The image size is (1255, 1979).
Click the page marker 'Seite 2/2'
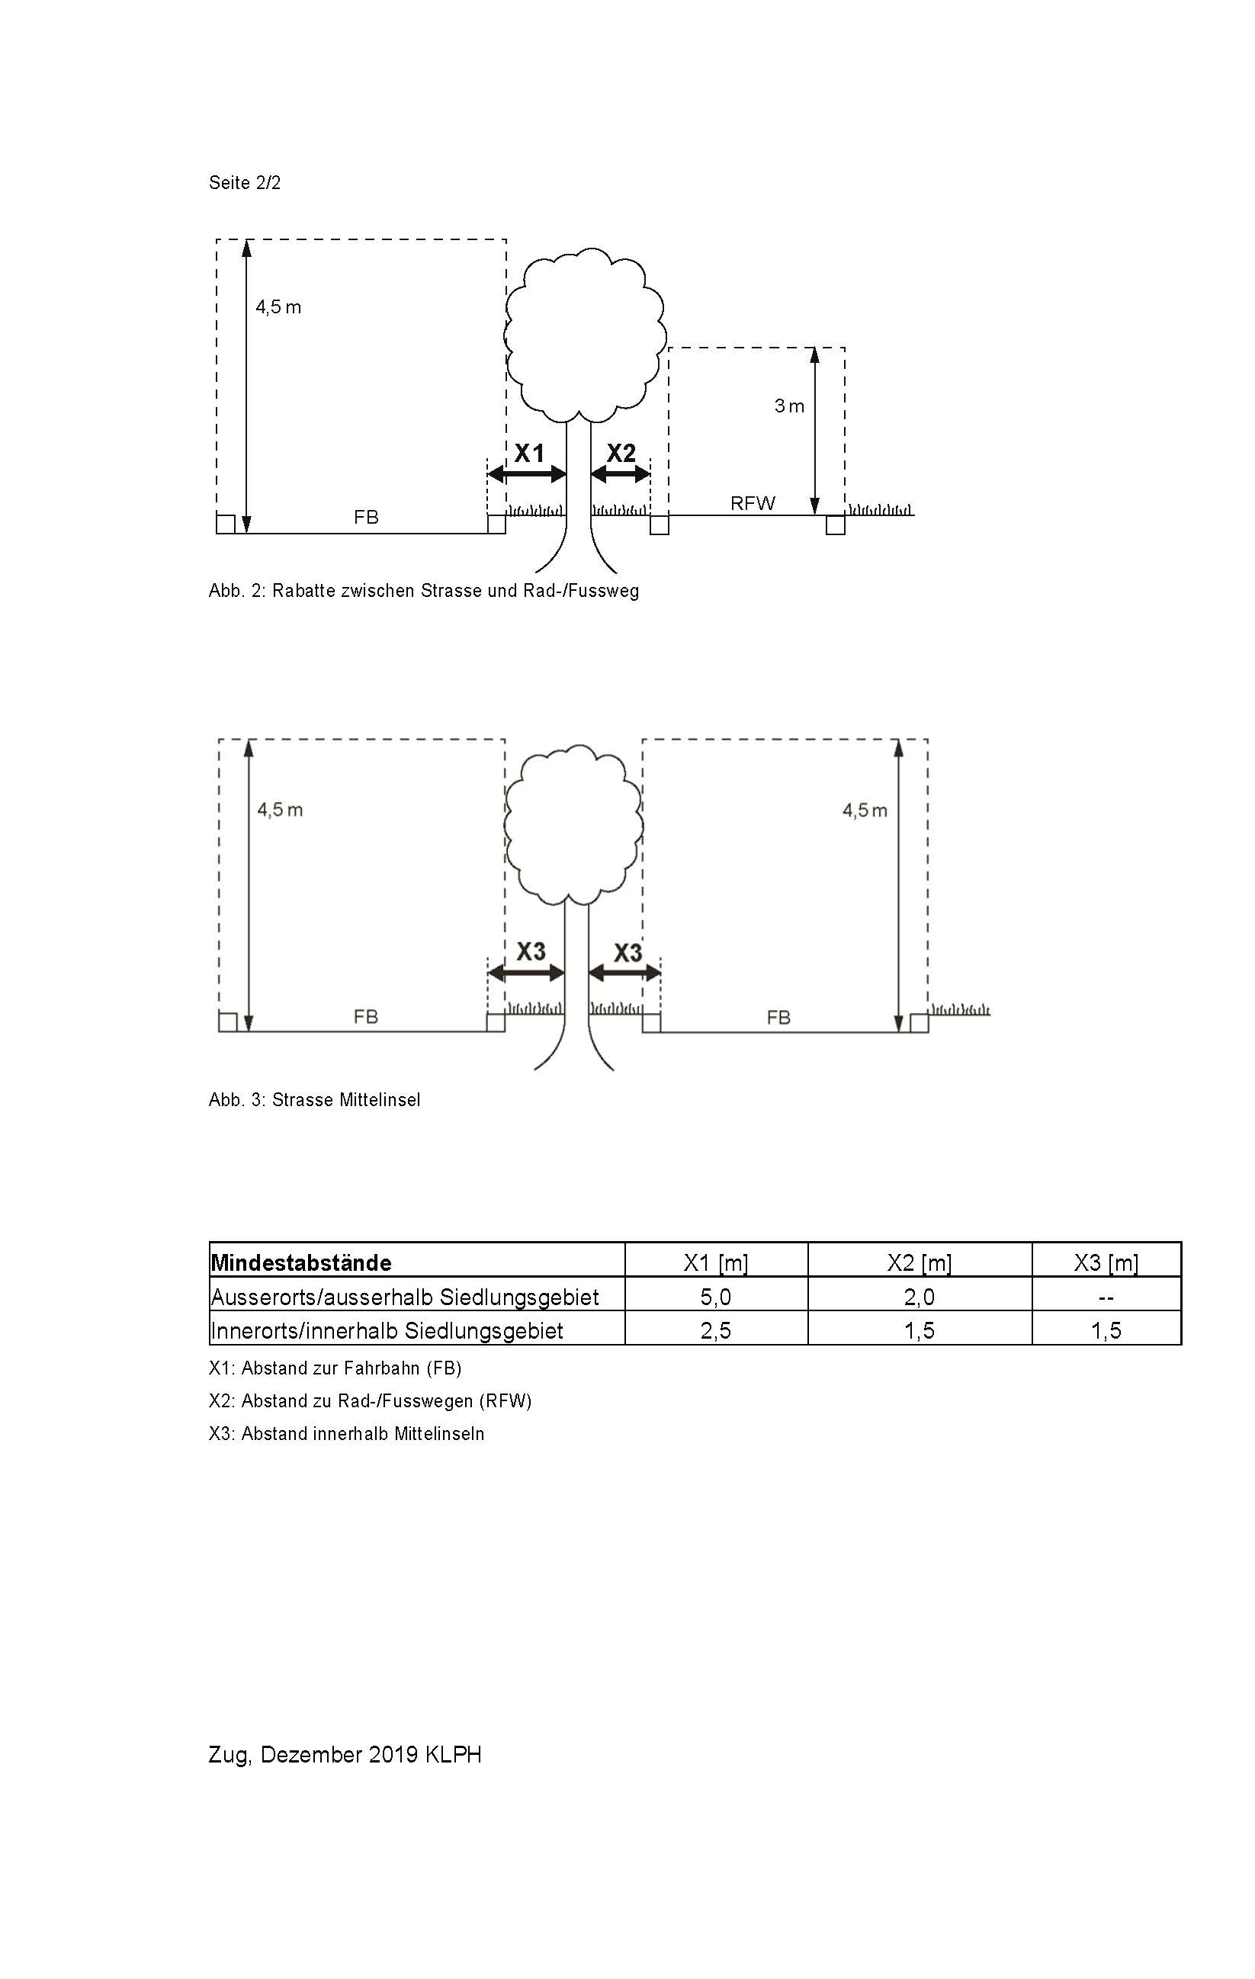(244, 182)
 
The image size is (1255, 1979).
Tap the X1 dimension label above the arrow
(529, 453)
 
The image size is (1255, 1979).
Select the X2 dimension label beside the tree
(621, 453)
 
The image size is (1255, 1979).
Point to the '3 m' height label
(789, 406)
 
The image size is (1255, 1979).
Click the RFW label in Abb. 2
(752, 503)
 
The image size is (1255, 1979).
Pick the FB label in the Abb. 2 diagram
(366, 517)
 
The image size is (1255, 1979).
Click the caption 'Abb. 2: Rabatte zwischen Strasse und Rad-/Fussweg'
(423, 591)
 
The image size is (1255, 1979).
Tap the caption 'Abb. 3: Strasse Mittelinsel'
(314, 1099)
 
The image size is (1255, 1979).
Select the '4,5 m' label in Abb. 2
(278, 307)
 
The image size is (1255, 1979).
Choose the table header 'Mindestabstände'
(302, 1262)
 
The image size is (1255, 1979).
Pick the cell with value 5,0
(716, 1297)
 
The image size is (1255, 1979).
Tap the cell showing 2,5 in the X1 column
(716, 1330)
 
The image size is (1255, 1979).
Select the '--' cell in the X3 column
(1106, 1297)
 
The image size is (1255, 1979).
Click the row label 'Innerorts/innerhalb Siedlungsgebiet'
(387, 1330)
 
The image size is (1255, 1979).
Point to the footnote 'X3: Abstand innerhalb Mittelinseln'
(346, 1433)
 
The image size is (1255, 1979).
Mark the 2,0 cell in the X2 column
(919, 1297)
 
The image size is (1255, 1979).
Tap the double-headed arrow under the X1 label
(527, 474)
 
